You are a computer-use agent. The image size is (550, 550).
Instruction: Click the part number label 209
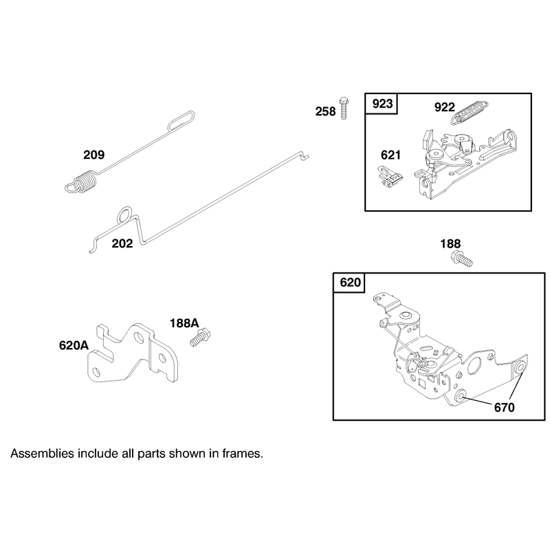coord(93,155)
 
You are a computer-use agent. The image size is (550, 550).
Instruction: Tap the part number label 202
coord(122,243)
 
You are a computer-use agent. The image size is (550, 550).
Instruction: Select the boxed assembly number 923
coord(382,104)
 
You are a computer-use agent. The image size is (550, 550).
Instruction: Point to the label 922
coord(444,107)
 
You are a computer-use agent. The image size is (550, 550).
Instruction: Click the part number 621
coord(390,155)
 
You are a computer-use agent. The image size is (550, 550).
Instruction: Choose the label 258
coord(325,111)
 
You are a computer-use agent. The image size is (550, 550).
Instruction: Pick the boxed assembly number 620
coord(350,283)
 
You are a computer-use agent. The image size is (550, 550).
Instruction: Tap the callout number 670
coord(504,407)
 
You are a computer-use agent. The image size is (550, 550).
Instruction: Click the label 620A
coord(74,346)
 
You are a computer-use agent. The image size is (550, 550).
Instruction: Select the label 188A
coord(184,323)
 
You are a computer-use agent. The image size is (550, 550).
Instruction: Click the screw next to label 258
coord(344,108)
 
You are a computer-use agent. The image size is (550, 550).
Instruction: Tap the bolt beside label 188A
coord(200,337)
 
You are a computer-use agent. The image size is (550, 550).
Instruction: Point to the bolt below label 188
coord(461,259)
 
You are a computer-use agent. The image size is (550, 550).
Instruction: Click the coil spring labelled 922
coord(470,112)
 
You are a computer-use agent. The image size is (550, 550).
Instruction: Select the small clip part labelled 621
coord(390,177)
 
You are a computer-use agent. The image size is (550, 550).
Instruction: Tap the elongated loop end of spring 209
coord(181,121)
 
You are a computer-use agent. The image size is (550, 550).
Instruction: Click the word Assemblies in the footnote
coord(43,454)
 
